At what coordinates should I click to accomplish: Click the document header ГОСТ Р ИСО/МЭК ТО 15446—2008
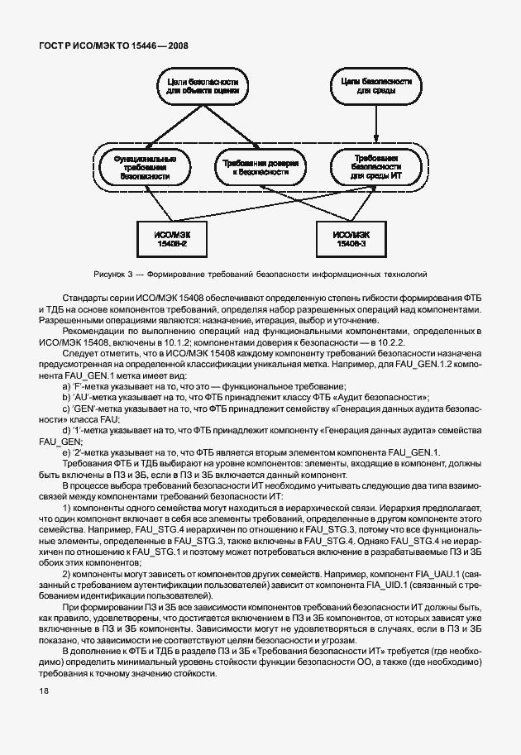pyautogui.click(x=112, y=45)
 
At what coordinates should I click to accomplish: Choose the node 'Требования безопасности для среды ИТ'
pyautogui.click(x=377, y=167)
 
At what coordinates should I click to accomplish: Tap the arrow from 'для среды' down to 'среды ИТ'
pyautogui.click(x=377, y=125)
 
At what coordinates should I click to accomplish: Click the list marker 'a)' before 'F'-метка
pyautogui.click(x=67, y=387)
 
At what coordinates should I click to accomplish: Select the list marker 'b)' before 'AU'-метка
pyautogui.click(x=67, y=398)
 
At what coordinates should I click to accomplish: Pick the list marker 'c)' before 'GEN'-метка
pyautogui.click(x=67, y=409)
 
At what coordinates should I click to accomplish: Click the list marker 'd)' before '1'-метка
pyautogui.click(x=67, y=430)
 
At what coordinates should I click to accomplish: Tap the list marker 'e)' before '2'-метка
pyautogui.click(x=67, y=452)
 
